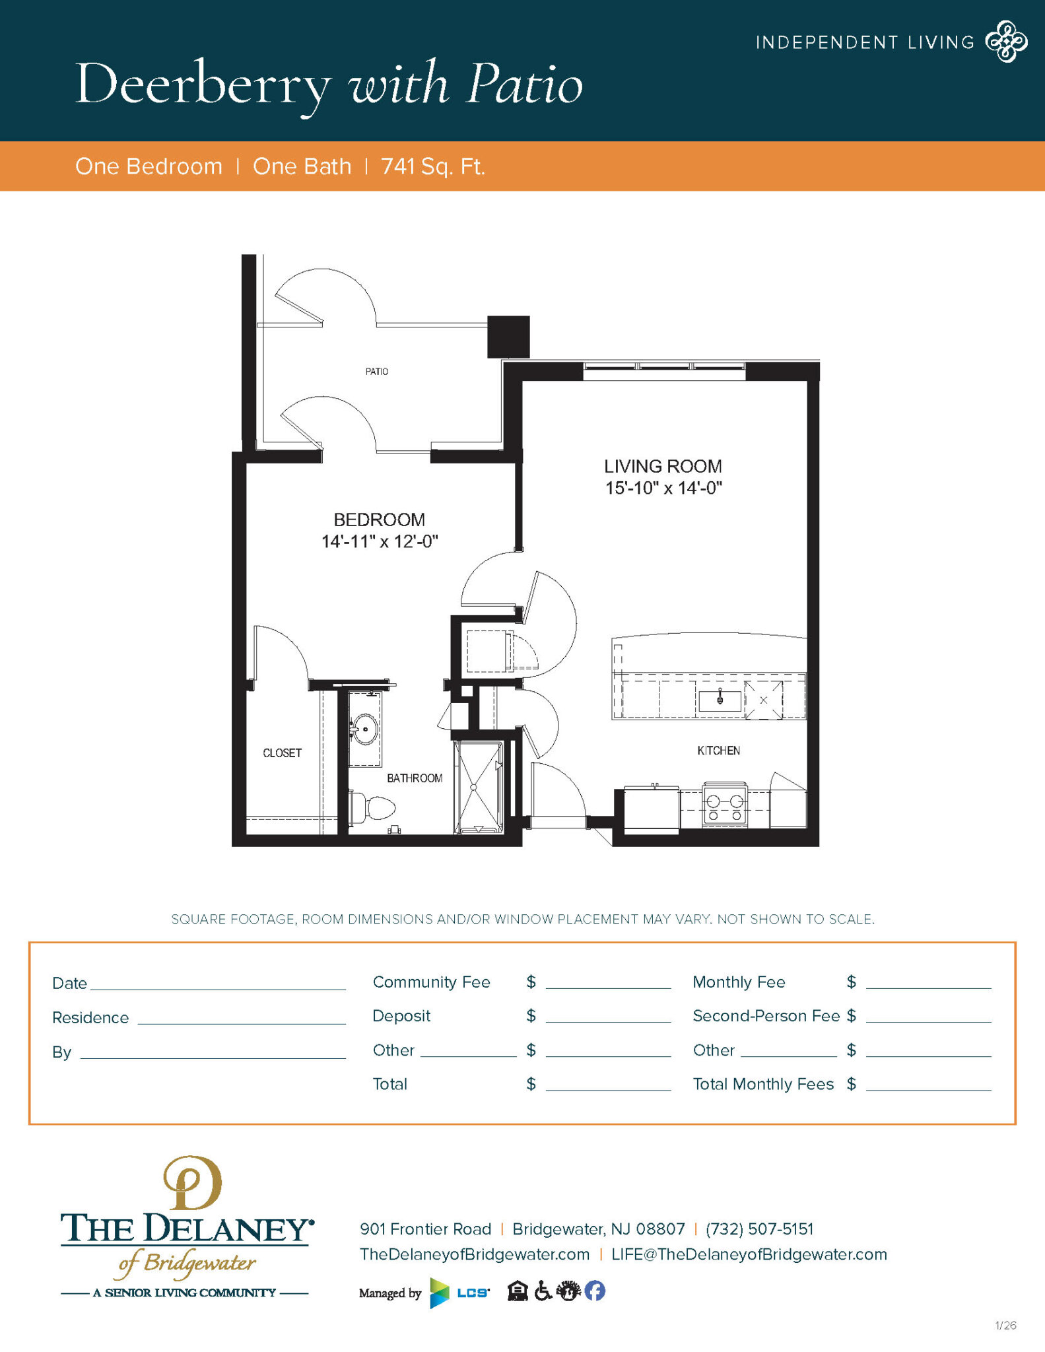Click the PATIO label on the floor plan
pos(377,372)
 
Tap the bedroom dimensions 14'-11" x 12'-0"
pos(380,542)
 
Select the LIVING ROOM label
pos(663,466)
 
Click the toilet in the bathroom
pos(374,807)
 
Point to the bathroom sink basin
pos(364,729)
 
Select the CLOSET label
pos(282,753)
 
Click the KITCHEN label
pos(718,751)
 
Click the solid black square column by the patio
pos(508,337)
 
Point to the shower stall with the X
pos(478,786)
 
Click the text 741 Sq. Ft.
pos(433,166)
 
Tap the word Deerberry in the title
pos(203,85)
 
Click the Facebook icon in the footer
pos(595,1291)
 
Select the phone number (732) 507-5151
pos(759,1229)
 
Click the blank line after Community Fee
pos(608,984)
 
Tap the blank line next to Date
pos(218,985)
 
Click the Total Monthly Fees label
pos(763,1084)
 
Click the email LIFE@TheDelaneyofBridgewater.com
pos(749,1254)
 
